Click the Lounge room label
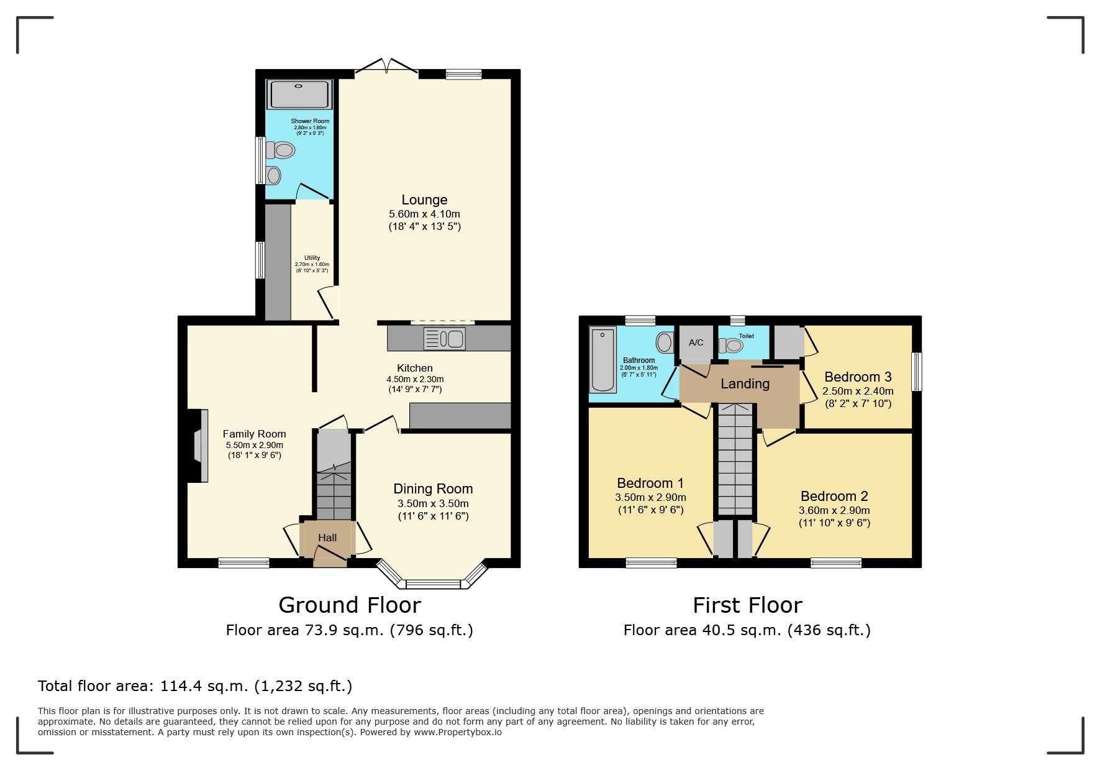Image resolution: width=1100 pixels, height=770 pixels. coord(424,199)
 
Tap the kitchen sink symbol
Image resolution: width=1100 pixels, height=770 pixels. coord(445,339)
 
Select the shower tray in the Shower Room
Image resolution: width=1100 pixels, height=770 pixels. coord(299,94)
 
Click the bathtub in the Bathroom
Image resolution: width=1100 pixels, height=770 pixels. coord(602,360)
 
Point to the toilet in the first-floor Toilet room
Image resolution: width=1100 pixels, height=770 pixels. coord(732,345)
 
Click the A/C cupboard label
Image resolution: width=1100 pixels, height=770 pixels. coord(696,342)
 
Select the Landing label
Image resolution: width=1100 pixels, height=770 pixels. coord(745,384)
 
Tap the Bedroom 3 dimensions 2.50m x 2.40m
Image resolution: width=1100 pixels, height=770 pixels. coord(858,391)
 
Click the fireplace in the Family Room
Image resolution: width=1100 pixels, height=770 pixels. coord(198,446)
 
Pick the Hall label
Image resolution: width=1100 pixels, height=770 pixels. coord(327,538)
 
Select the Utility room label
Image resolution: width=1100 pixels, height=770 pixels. coord(312,257)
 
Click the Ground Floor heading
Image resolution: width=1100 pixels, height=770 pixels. coord(350,605)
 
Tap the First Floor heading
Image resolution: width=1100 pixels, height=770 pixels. coord(747,605)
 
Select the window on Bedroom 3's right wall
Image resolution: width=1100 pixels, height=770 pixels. coord(916,372)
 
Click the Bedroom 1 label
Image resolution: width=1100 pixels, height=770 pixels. coord(650,483)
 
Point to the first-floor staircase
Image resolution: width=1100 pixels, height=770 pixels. coord(735,460)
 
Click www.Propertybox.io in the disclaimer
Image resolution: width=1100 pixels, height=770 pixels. coord(458,732)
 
